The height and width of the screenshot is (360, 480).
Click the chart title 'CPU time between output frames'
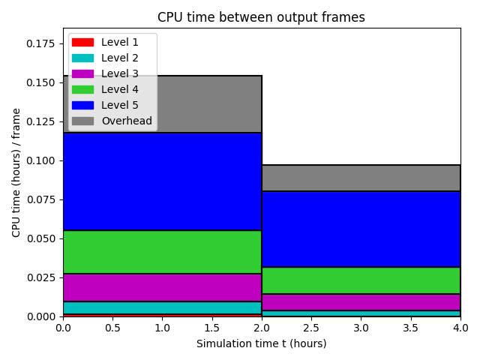click(261, 17)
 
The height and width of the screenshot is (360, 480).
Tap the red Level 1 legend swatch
click(82, 42)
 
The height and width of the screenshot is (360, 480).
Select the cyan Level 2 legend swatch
click(82, 58)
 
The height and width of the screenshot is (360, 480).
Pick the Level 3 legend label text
click(120, 73)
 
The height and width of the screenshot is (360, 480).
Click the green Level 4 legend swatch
click(82, 89)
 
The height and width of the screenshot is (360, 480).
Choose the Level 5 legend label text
click(120, 105)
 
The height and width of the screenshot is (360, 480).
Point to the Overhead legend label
click(127, 121)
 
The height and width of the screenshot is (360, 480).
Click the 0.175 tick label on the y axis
click(40, 43)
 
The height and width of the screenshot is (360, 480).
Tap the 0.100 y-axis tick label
click(40, 160)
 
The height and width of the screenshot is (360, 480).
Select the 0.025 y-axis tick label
click(40, 277)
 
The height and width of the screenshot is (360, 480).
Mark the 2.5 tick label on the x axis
click(311, 328)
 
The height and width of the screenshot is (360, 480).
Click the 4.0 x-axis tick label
click(460, 328)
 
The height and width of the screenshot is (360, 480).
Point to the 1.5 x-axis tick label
click(211, 328)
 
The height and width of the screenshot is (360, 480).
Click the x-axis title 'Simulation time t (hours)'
click(262, 343)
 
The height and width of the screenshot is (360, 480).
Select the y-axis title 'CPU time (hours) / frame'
click(16, 172)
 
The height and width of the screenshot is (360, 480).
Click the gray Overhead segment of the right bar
click(361, 178)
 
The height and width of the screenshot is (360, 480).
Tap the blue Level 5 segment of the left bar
click(162, 181)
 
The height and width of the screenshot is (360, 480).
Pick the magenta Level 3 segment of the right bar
click(361, 302)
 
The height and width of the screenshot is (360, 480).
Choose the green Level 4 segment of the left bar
click(162, 252)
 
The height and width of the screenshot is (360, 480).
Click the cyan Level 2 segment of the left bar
click(162, 307)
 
